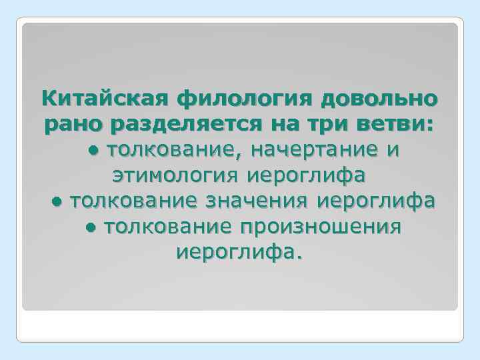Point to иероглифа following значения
[377, 200]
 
